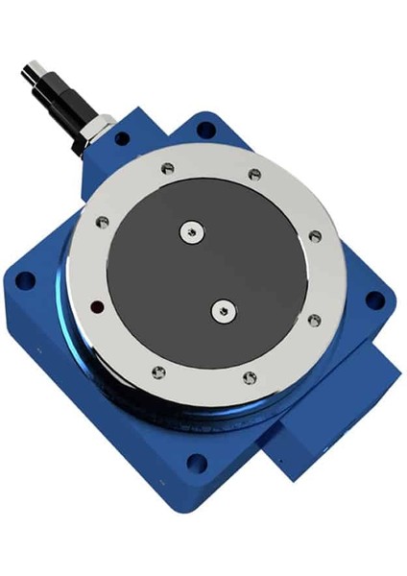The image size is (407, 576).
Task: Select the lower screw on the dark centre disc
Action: (x=223, y=309)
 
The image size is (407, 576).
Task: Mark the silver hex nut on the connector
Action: (x=95, y=131)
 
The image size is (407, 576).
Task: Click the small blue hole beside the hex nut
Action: (x=122, y=138)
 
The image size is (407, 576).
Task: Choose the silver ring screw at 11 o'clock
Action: (x=167, y=169)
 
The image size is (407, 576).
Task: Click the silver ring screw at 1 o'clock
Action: (x=254, y=175)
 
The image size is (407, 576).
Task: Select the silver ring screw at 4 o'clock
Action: (x=314, y=321)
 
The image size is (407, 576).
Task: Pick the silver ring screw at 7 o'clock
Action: (x=159, y=372)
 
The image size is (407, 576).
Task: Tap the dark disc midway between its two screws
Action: (x=205, y=270)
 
